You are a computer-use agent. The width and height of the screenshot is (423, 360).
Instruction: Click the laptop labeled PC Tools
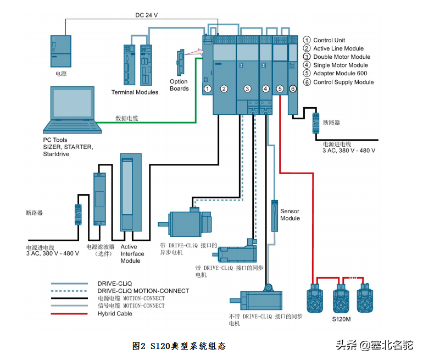pos(74,110)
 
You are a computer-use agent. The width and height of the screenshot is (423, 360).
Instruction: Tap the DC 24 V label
pos(147,15)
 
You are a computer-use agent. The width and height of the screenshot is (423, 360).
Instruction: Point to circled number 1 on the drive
pos(208,88)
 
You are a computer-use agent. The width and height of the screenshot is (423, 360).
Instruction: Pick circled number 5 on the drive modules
pos(280,88)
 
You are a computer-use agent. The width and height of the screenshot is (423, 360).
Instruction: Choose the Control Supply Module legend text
pos(343,82)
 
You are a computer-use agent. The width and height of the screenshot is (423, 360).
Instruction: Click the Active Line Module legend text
pos(338,48)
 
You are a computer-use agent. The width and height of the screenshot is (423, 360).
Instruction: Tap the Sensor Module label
pos(290,214)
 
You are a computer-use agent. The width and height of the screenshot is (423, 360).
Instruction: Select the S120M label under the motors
pos(342,319)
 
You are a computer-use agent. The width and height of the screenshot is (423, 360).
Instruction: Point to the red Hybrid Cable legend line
pos(70,314)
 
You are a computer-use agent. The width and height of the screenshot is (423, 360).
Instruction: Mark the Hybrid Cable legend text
pos(115,314)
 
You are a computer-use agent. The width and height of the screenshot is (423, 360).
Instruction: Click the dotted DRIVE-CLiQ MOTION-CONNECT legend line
pos(70,291)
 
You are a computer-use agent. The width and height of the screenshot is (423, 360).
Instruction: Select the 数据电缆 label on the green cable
pos(126,118)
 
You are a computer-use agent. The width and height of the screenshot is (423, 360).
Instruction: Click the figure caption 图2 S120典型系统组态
pos(179,346)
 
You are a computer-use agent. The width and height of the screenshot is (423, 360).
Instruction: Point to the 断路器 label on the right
pos(332,122)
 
